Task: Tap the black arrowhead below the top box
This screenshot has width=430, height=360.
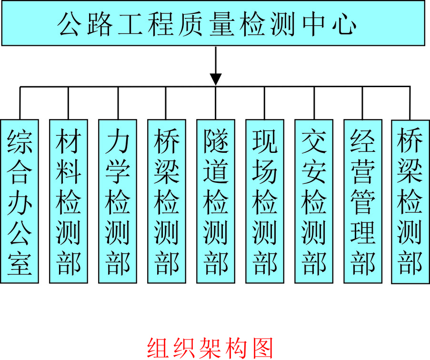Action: point(216,79)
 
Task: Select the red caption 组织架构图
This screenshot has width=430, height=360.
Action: point(210,347)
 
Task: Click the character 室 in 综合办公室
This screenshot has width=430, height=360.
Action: point(20,263)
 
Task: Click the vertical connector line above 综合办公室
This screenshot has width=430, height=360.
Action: point(20,102)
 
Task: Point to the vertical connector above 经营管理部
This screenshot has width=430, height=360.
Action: point(363,102)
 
